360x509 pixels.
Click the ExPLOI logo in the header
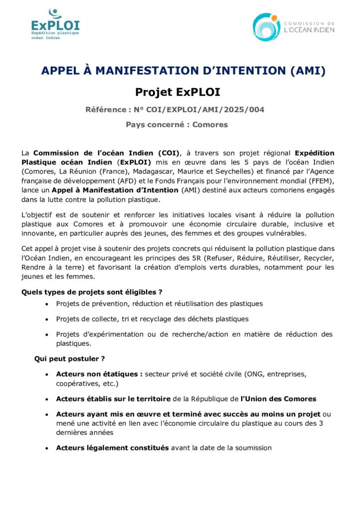point(55,23)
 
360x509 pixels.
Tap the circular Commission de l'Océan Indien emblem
point(267,27)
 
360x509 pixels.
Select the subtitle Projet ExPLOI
point(178,92)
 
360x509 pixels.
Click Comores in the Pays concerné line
point(210,124)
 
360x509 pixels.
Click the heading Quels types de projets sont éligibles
point(92,291)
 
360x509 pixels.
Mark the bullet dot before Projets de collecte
point(47,319)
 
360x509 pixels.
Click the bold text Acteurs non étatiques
point(99,373)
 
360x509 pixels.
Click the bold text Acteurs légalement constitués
point(112,448)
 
